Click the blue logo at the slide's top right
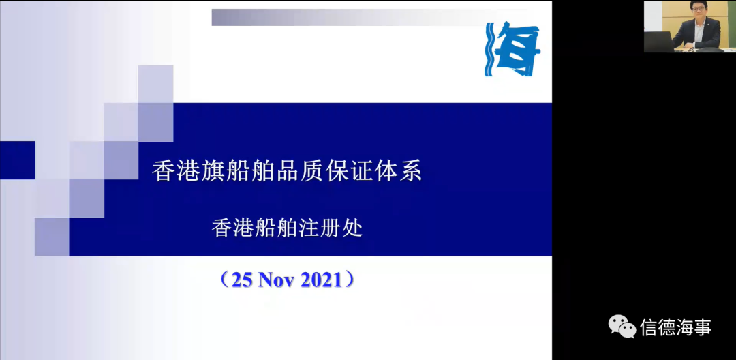(x=512, y=49)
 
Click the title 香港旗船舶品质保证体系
(x=287, y=171)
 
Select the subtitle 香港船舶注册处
(x=288, y=229)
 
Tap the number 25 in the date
(x=243, y=280)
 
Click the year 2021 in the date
(x=321, y=280)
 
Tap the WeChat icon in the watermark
(x=622, y=326)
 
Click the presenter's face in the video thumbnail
(x=699, y=12)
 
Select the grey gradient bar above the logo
(x=371, y=17)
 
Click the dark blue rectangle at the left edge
(x=17, y=160)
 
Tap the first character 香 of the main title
(x=163, y=172)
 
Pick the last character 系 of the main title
(x=411, y=172)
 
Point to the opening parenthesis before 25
(x=225, y=280)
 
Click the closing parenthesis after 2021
(x=349, y=280)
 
